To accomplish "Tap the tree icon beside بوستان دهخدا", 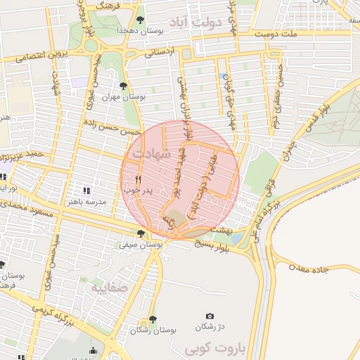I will click(141, 19).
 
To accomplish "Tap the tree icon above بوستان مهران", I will click(123, 86).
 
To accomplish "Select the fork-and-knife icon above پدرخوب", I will click(128, 179).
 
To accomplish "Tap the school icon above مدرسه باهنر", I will click(86, 191).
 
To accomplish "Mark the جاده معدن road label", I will click(307, 268).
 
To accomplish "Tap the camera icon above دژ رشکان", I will click(209, 317).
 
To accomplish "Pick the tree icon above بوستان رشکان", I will click(153, 319).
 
